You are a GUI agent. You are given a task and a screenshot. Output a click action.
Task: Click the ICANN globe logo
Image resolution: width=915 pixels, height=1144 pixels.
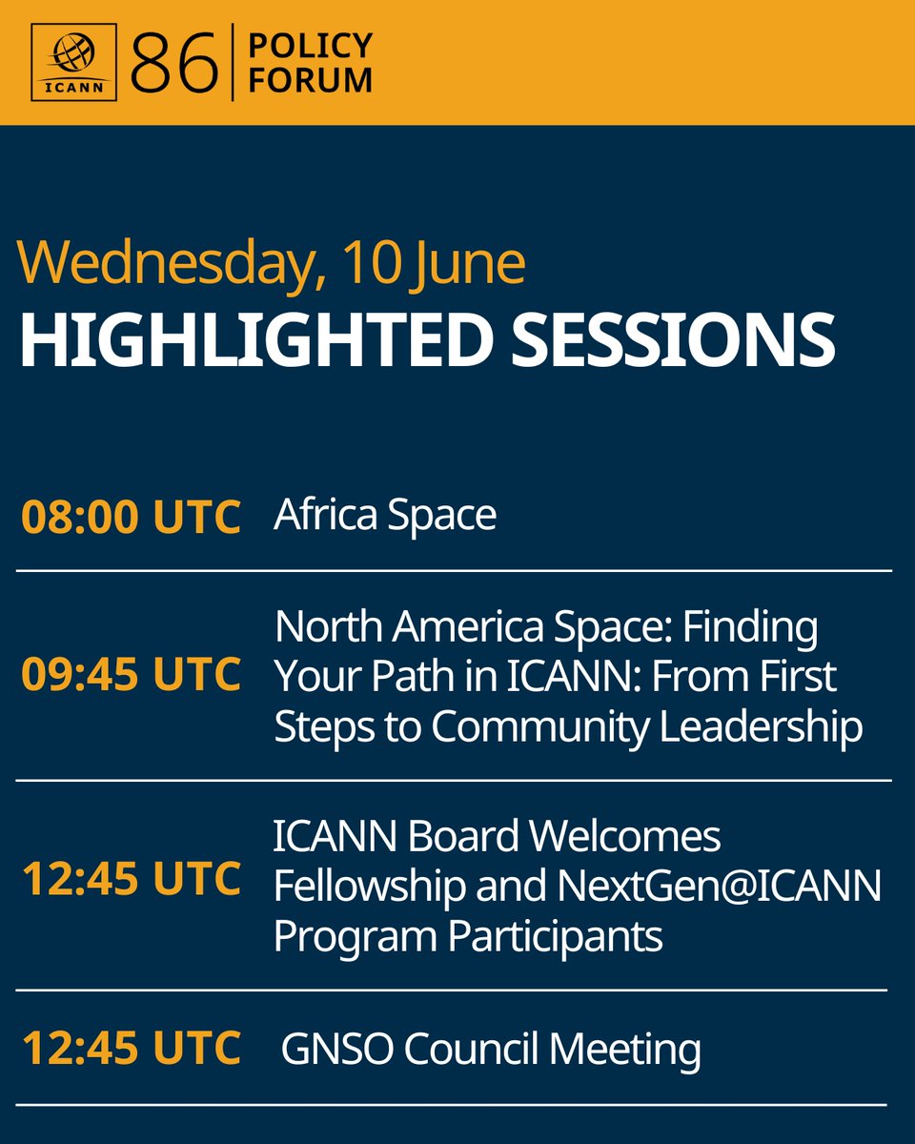74,62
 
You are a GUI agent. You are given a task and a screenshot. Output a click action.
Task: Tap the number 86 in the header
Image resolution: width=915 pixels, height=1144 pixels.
174,62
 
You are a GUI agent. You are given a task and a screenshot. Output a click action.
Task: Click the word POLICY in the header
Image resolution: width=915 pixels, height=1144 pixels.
311,45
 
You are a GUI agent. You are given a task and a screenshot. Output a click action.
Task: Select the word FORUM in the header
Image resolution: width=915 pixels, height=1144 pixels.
311,80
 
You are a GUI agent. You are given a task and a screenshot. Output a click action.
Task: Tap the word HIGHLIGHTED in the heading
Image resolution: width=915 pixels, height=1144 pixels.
255,339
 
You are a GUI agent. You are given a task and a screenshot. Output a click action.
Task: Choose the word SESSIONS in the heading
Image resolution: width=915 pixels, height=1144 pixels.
673,339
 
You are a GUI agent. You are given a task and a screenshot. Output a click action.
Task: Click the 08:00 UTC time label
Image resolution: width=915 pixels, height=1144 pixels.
131,516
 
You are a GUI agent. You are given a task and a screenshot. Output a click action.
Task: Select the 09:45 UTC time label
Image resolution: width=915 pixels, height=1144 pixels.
131,674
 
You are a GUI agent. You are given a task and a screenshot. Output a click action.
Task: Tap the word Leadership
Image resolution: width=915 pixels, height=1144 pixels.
761,726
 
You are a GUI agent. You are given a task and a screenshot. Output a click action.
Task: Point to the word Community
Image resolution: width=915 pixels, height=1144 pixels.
539,727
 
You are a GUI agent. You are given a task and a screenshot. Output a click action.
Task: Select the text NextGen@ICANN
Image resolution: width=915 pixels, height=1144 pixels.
720,887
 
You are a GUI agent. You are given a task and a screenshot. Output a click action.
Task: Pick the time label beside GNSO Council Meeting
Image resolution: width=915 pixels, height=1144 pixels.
132,1048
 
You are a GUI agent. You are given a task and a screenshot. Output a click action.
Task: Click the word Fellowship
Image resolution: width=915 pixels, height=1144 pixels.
370,887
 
